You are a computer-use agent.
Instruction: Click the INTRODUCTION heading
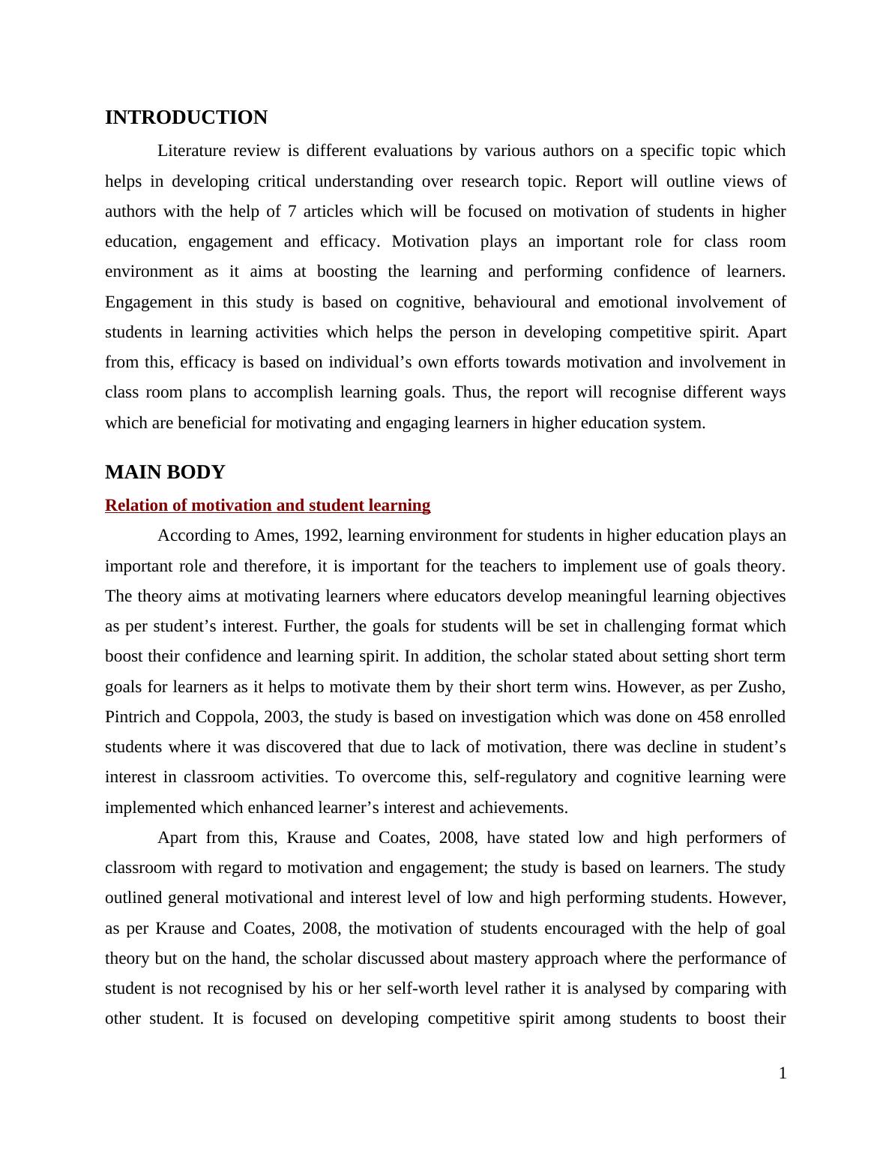click(186, 118)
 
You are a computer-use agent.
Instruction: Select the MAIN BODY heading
click(165, 472)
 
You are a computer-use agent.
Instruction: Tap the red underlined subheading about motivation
click(268, 505)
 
